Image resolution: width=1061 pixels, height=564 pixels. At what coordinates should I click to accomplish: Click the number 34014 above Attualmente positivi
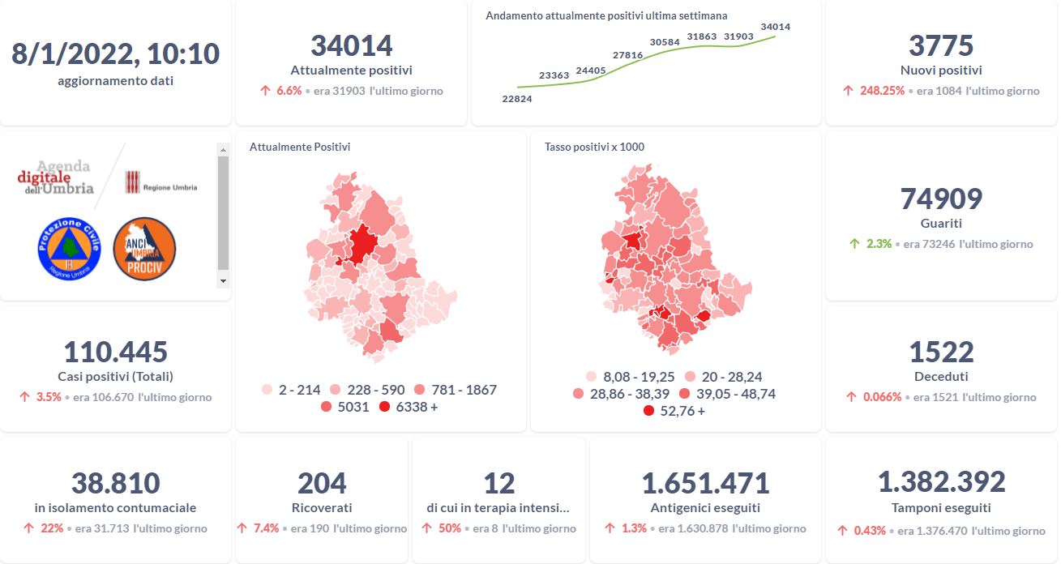pyautogui.click(x=351, y=45)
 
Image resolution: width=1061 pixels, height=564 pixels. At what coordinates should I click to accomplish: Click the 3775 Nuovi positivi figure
pyautogui.click(x=940, y=45)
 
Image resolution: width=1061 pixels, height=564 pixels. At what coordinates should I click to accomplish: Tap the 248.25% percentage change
pyautogui.click(x=882, y=91)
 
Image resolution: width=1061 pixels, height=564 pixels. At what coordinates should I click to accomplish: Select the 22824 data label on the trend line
pyautogui.click(x=517, y=99)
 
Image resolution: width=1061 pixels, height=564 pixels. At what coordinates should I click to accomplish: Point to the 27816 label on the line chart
pyautogui.click(x=627, y=55)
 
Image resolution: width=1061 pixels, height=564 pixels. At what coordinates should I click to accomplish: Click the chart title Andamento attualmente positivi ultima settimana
pyautogui.click(x=606, y=15)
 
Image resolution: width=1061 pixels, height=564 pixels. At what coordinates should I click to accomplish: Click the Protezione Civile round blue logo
pyautogui.click(x=68, y=249)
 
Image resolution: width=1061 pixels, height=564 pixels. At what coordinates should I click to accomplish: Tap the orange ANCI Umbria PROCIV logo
pyautogui.click(x=144, y=249)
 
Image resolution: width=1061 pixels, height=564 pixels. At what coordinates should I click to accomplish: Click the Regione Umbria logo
pyautogui.click(x=160, y=185)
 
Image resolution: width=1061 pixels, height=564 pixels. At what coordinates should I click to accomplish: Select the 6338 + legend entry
pyautogui.click(x=409, y=407)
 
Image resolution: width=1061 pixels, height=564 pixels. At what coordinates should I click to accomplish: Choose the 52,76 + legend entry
pyautogui.click(x=674, y=411)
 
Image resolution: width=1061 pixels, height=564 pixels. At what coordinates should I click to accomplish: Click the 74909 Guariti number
pyautogui.click(x=940, y=199)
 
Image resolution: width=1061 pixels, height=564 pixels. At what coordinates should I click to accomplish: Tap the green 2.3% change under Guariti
pyautogui.click(x=879, y=243)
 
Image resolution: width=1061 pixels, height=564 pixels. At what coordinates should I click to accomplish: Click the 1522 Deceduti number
pyautogui.click(x=940, y=352)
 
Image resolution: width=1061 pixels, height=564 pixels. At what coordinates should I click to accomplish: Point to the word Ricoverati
pyautogui.click(x=322, y=508)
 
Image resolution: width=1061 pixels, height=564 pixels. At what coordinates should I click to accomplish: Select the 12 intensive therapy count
pyautogui.click(x=498, y=483)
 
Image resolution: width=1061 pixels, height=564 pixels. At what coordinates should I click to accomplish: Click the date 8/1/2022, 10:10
pyautogui.click(x=115, y=53)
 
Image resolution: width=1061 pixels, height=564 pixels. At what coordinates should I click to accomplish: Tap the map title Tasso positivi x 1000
pyautogui.click(x=594, y=147)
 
